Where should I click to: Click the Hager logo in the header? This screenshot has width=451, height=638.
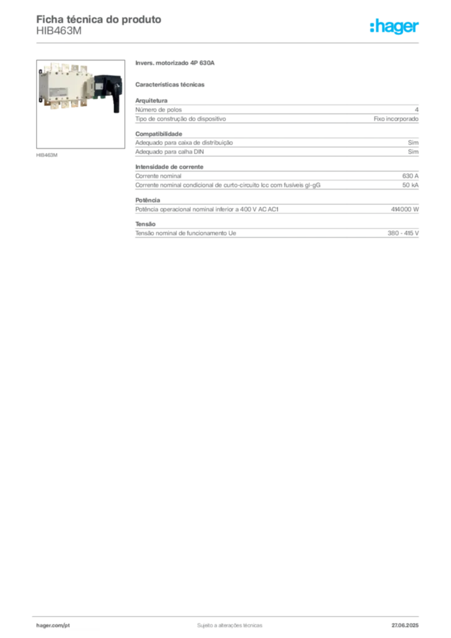point(394,27)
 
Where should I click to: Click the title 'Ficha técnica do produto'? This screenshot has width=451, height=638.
point(99,19)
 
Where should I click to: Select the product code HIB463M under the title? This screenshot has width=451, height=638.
point(59,31)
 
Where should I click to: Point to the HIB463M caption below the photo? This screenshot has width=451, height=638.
point(47,155)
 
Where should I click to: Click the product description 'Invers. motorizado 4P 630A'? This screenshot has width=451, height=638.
point(175,63)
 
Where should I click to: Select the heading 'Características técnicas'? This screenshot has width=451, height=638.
point(170,85)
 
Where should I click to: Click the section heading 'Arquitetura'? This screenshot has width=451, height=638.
point(151,100)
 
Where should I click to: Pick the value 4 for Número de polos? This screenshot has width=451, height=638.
point(417,110)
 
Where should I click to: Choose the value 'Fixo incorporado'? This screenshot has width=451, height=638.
point(396,119)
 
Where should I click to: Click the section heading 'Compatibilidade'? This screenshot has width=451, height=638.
point(159,134)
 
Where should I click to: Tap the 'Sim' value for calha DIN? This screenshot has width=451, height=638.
point(413,152)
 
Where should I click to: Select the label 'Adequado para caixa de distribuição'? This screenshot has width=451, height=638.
point(184,143)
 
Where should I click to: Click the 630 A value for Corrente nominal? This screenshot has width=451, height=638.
point(411,176)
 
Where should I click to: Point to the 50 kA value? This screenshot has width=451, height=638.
point(411,185)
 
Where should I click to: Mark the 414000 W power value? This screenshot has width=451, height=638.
point(405,209)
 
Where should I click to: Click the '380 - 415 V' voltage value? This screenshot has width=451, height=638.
point(403,233)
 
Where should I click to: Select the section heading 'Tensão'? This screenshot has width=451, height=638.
point(146,224)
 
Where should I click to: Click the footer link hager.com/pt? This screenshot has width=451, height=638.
point(53,626)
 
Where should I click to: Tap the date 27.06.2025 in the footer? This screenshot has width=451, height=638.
point(405,626)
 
